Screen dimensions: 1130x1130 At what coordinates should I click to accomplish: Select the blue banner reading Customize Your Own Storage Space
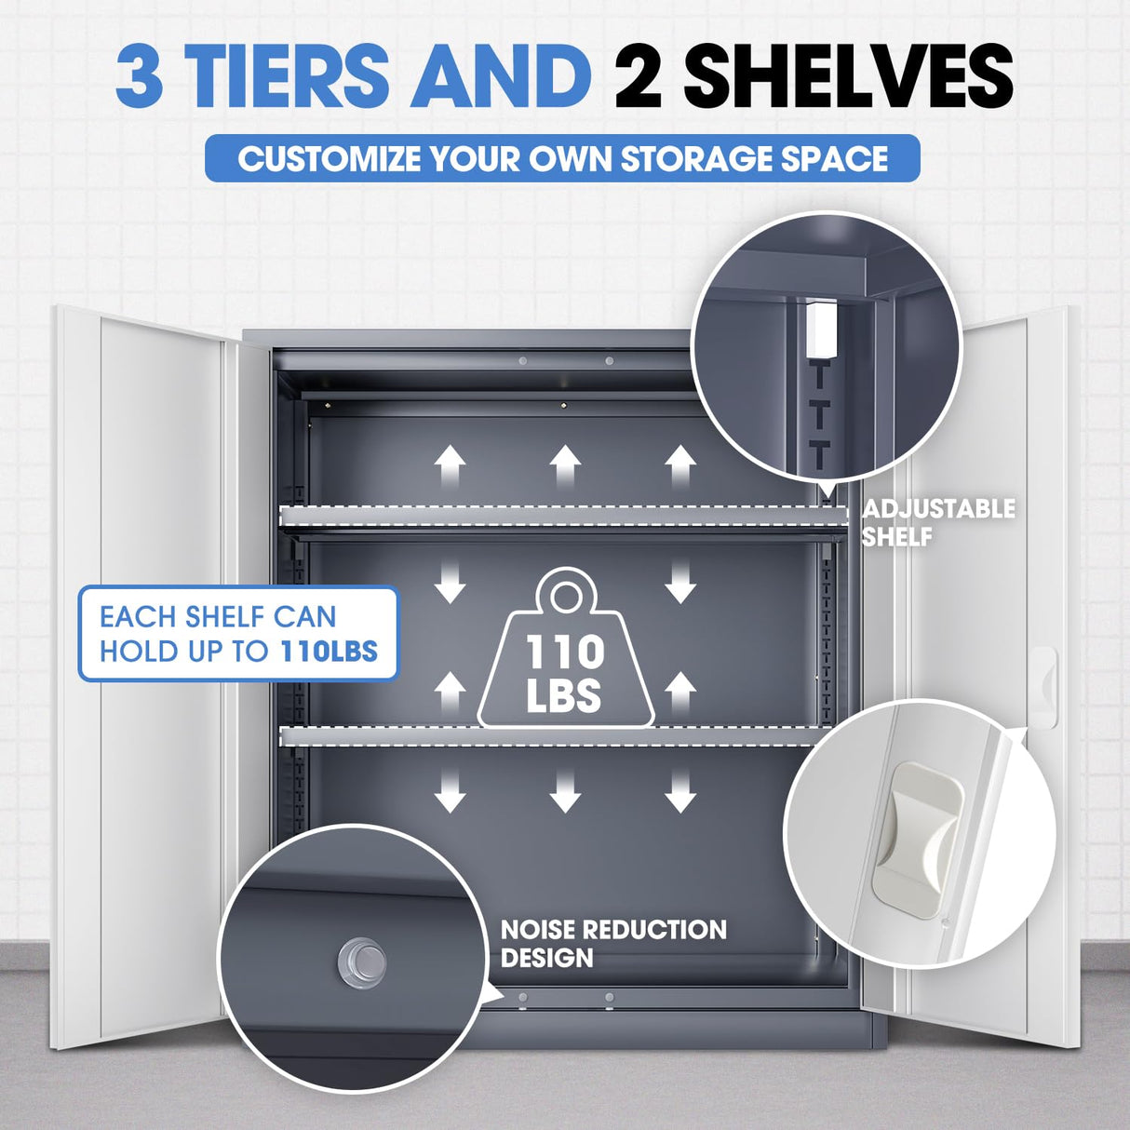[x=562, y=158]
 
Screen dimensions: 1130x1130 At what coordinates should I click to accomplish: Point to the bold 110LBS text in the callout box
[x=329, y=651]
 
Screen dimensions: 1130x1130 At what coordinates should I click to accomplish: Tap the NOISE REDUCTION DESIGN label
[x=612, y=943]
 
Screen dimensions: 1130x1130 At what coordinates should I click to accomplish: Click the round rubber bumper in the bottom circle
[x=363, y=962]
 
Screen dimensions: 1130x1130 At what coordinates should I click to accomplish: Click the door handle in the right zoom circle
[x=916, y=839]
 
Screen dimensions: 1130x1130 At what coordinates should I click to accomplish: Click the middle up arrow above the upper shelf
[x=565, y=465]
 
